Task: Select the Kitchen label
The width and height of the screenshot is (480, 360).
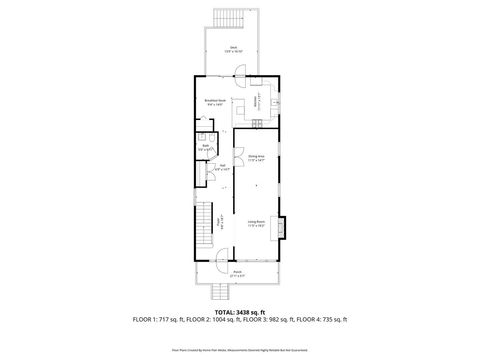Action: point(258,100)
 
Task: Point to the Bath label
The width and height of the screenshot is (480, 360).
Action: point(204,148)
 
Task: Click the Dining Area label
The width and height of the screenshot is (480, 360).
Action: point(257,158)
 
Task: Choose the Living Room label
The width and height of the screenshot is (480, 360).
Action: point(256,224)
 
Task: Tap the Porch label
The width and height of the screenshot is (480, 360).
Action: point(237,271)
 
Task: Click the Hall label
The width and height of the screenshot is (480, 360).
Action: point(222,168)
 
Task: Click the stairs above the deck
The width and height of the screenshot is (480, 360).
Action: point(228,18)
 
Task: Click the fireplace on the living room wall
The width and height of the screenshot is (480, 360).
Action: point(283,227)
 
